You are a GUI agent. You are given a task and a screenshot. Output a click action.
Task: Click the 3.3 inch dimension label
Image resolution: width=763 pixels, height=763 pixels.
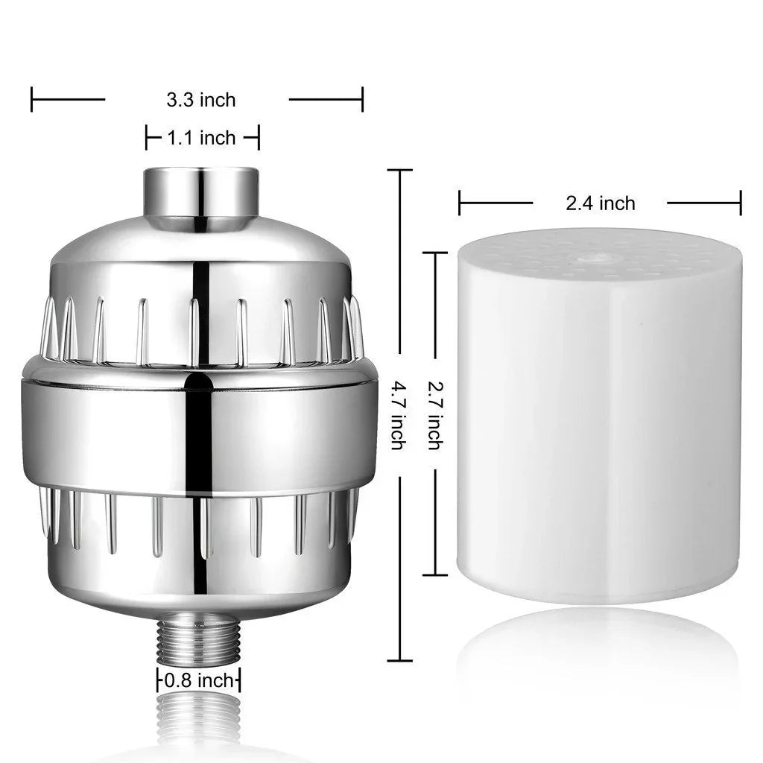[200, 99]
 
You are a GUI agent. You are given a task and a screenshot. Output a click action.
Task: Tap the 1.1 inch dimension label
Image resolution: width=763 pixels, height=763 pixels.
[201, 138]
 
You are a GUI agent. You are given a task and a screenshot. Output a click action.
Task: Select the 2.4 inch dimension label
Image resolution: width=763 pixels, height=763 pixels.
[600, 203]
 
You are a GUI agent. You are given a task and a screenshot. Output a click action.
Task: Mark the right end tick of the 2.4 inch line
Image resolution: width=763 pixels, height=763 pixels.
[741, 203]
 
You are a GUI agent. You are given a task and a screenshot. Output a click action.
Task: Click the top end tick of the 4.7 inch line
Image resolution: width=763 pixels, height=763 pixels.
[399, 171]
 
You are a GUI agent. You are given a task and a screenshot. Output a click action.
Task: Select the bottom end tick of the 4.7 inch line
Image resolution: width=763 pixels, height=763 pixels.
[399, 660]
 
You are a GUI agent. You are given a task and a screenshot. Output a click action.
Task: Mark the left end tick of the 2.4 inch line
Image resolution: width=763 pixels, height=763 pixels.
[460, 203]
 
